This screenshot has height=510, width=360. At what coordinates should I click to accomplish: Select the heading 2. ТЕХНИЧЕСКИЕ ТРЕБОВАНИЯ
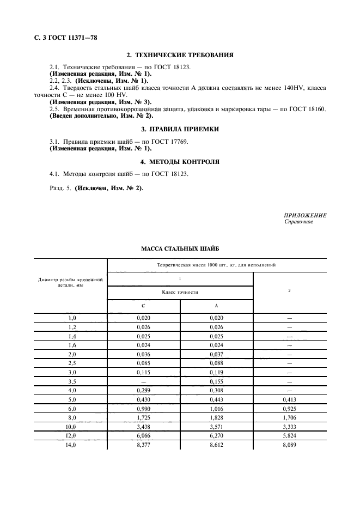coord(180,56)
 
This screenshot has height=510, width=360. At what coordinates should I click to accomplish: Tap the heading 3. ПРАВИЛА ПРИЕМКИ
coord(180,129)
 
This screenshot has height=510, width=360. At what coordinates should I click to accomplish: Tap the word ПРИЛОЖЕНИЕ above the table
coord(306,215)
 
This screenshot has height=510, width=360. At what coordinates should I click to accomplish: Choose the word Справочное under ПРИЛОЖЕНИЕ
coord(298,222)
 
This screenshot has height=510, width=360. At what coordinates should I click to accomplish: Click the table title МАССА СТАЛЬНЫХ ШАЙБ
coord(180,248)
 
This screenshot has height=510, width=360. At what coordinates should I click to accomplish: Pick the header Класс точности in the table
coord(180,293)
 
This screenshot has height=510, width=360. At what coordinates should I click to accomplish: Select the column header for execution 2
coord(290,290)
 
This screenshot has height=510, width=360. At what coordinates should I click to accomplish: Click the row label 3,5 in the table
coord(71,382)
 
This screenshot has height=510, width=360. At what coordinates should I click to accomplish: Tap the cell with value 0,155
coord(217,382)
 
